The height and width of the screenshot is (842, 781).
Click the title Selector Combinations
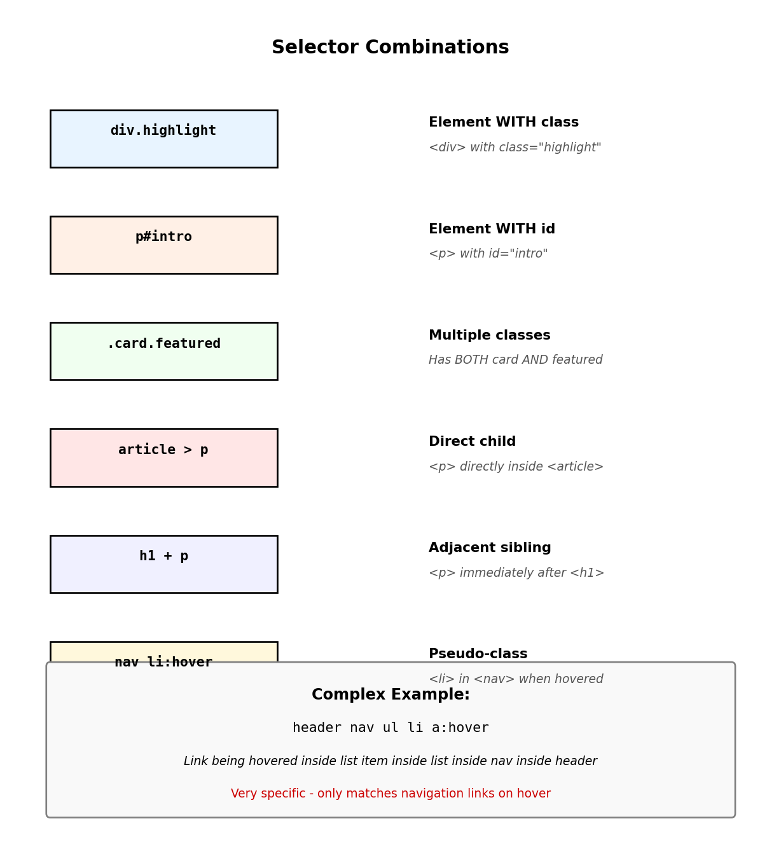390,48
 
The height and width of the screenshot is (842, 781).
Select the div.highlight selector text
163,130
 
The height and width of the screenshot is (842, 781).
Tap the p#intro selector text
163,237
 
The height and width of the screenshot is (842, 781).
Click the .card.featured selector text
163,343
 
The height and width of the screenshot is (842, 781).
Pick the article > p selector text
163,450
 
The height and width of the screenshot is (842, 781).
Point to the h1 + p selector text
163,556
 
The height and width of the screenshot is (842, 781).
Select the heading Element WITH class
504,123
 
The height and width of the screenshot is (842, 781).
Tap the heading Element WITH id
492,229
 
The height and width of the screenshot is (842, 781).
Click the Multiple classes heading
489,335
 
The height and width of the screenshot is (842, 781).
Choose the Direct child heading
472,441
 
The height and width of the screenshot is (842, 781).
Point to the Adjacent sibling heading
490,548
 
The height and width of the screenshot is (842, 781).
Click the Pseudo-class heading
478,654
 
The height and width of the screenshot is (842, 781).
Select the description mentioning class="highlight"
515,148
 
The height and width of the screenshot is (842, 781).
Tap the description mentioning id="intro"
488,254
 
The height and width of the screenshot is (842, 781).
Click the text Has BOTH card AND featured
515,360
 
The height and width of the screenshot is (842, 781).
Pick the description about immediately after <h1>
516,573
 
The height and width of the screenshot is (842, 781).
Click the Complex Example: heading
390,695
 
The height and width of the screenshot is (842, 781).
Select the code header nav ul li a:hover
390,728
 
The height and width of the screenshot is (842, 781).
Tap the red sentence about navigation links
390,794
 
